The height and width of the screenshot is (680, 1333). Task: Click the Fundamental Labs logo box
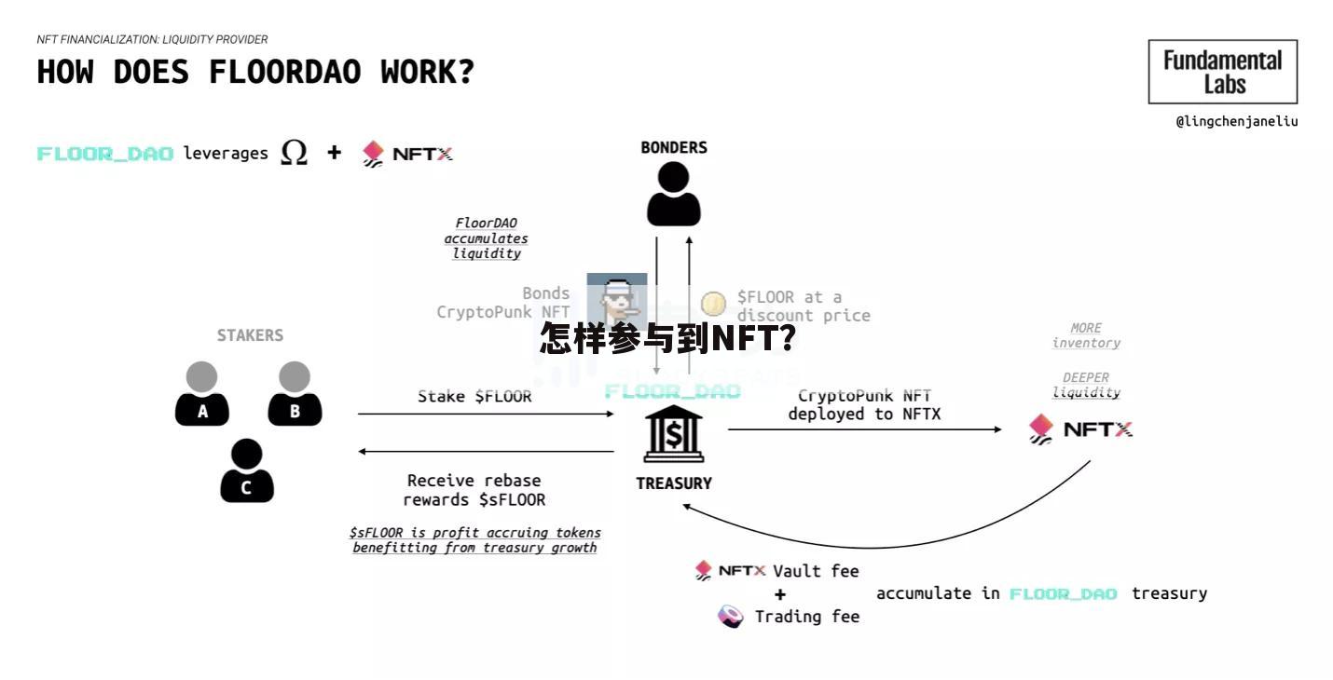coord(1222,72)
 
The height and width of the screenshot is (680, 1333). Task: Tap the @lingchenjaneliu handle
coord(1236,121)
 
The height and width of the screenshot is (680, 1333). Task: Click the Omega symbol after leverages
coord(294,152)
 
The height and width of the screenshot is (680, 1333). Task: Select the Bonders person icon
coord(673,194)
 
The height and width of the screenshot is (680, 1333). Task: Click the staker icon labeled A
coord(201,395)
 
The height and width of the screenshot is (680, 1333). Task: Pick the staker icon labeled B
coord(295,395)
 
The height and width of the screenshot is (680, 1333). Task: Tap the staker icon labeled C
coord(247,471)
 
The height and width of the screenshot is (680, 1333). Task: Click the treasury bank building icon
coord(673,434)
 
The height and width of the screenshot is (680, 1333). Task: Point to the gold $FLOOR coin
coord(713,304)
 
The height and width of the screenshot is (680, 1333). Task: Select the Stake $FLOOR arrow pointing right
coord(485,414)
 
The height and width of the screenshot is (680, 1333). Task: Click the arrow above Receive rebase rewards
coord(485,452)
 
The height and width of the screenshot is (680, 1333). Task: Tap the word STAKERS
coord(250,335)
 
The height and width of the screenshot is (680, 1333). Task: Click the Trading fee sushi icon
coord(731,616)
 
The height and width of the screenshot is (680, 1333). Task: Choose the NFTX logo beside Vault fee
coord(731,570)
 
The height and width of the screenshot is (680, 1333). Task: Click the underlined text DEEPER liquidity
coord(1086,385)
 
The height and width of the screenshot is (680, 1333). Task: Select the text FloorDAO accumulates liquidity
coord(486,238)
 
